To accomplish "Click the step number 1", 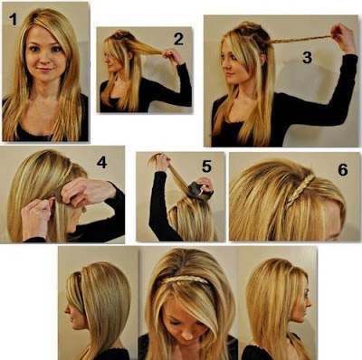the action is (13, 19).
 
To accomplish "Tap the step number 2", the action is (178, 39).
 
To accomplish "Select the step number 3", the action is (307, 57).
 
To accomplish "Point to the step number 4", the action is (101, 163).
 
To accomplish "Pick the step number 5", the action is (206, 166).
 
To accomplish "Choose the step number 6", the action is (343, 170).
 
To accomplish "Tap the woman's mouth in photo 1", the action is (45, 70).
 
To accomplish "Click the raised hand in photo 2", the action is (172, 56).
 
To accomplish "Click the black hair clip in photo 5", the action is (196, 189).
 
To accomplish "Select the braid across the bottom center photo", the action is (185, 279).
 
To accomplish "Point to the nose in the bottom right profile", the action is (309, 302).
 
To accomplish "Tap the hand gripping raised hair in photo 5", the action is (162, 162).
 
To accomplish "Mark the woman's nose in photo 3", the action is (224, 64).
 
